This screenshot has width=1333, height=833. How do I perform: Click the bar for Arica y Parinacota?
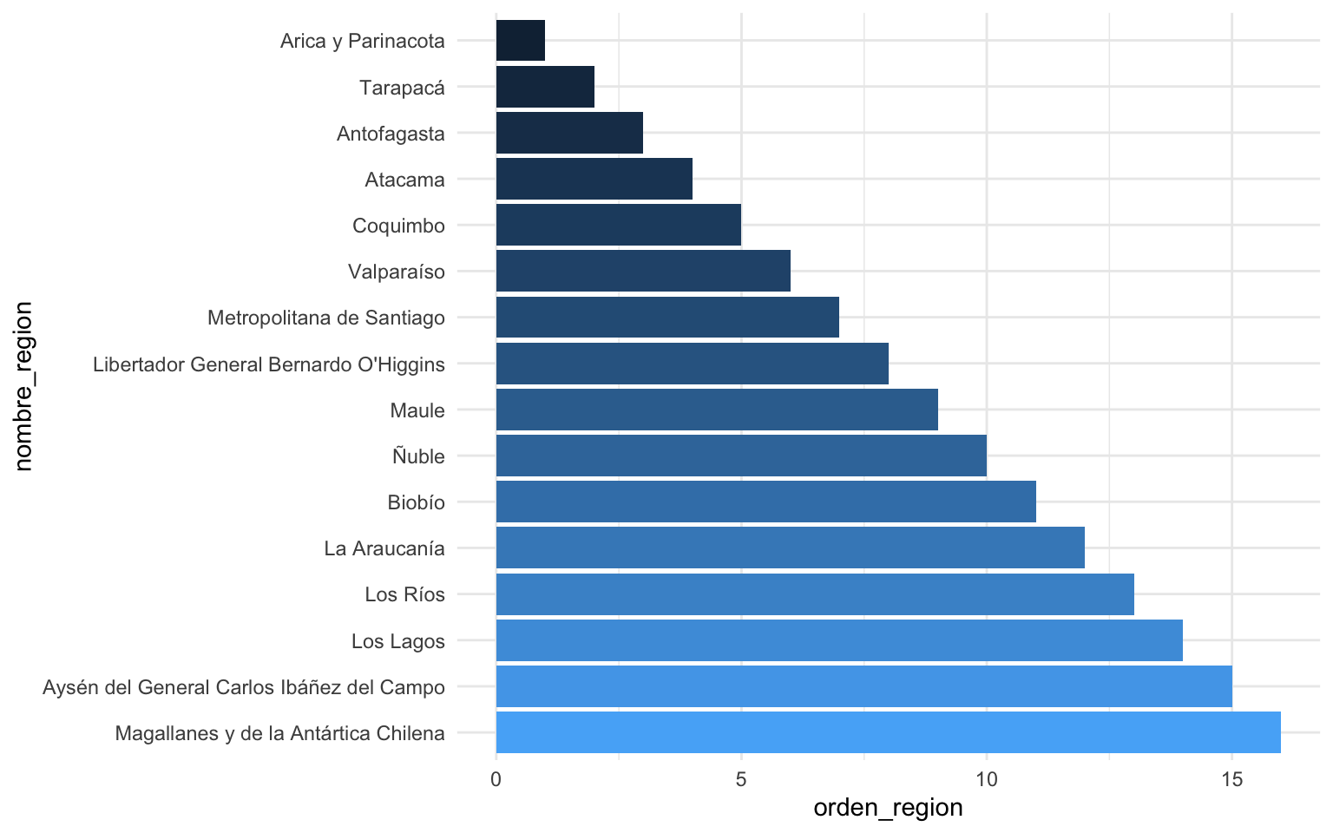[x=521, y=41]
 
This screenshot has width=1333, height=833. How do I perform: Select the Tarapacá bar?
[x=545, y=87]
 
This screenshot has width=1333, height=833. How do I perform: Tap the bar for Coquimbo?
[x=618, y=226]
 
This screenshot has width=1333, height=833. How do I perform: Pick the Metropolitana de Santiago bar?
[x=667, y=318]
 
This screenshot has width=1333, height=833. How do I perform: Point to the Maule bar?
[x=717, y=410]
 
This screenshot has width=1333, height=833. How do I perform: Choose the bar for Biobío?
[x=765, y=502]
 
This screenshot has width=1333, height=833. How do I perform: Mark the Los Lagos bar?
[x=839, y=640]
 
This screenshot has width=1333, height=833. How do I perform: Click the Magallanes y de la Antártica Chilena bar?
[x=888, y=732]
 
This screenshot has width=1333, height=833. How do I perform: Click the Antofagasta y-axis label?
[x=391, y=134]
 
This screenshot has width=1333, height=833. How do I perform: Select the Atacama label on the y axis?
[x=404, y=180]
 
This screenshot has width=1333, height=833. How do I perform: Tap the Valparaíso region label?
[x=396, y=272]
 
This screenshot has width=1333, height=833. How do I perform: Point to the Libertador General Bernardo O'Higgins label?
[x=269, y=364]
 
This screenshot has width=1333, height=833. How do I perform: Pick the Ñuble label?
[x=418, y=456]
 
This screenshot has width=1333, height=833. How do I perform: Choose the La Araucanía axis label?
[x=384, y=548]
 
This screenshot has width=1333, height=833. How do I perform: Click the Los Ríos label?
[x=404, y=594]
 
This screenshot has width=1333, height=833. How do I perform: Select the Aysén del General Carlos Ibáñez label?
[x=244, y=687]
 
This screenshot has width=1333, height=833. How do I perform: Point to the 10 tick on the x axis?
[x=987, y=779]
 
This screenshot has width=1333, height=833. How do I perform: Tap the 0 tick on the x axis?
[x=496, y=779]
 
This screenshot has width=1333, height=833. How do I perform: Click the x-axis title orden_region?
[x=888, y=808]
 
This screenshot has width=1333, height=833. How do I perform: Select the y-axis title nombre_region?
[x=23, y=386]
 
